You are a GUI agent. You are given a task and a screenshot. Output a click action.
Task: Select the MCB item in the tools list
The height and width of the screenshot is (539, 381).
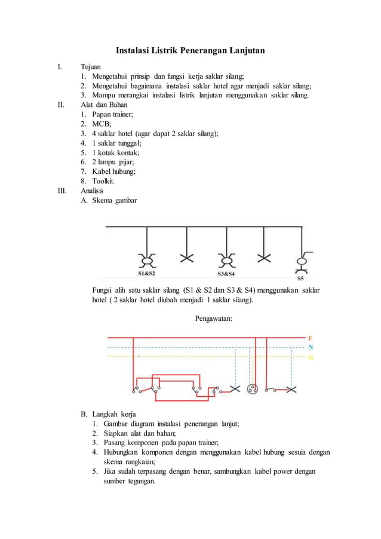[x=97, y=124]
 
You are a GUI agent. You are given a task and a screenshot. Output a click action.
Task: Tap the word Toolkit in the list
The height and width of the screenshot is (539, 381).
[x=103, y=181]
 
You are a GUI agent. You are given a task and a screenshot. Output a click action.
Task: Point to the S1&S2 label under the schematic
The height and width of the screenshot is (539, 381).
[x=147, y=274]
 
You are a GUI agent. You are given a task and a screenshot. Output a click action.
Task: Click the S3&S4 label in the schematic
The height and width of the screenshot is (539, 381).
[x=226, y=274]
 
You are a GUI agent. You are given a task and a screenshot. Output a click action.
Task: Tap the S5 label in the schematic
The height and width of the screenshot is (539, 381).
[x=300, y=278]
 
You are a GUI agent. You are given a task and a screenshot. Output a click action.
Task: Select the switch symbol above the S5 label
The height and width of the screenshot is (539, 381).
[x=302, y=261]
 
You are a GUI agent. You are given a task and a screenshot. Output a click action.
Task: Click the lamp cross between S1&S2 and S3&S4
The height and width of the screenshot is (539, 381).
[x=187, y=258]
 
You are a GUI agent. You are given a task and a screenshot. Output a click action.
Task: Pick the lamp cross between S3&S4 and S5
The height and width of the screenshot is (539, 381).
[x=264, y=258]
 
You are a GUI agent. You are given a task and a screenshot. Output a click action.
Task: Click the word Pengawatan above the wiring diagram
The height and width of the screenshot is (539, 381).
[x=214, y=318]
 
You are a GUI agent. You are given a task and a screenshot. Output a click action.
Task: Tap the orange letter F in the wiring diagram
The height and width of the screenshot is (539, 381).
[x=311, y=338]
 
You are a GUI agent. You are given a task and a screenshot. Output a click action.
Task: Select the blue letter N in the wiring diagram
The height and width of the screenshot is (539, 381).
[x=311, y=347]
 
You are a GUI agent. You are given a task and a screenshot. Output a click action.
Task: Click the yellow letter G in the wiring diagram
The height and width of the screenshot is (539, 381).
[x=311, y=357]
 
